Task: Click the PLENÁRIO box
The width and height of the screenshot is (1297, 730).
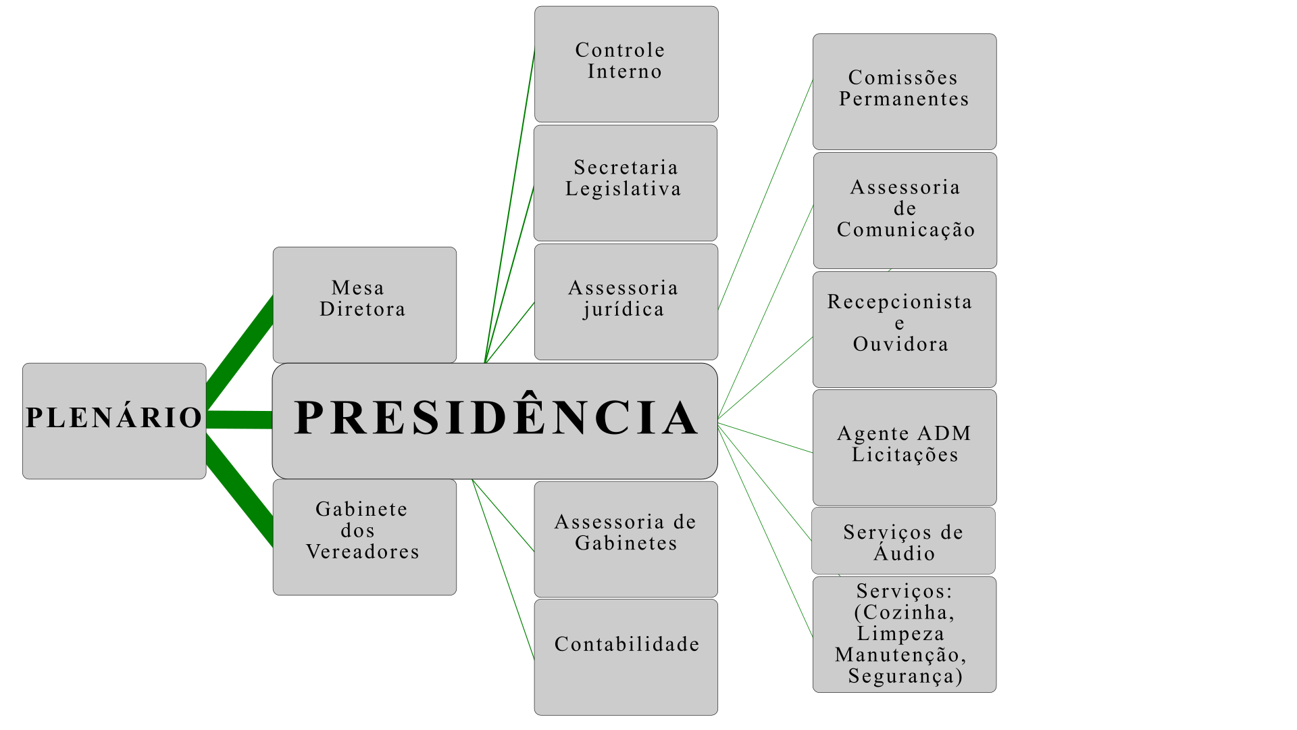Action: (114, 420)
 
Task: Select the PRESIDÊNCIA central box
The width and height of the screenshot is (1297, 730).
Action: (494, 420)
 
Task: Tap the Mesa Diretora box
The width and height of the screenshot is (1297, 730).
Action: (364, 304)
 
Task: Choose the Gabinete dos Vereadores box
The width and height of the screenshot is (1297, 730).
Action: (364, 537)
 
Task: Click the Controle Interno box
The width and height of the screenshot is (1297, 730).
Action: (626, 64)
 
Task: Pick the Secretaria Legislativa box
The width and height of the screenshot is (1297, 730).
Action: (625, 182)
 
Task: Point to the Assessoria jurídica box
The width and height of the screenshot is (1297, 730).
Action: (626, 301)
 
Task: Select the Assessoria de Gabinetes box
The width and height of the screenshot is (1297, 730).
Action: (626, 539)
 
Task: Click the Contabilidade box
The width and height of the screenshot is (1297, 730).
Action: (626, 657)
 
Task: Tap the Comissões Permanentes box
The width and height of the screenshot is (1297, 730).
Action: (905, 91)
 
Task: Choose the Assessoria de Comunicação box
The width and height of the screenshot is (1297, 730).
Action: (905, 210)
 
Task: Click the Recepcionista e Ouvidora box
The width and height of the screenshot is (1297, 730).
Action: (905, 329)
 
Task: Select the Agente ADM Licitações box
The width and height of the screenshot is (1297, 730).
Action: (905, 447)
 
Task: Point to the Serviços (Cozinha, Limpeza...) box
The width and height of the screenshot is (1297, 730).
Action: (905, 634)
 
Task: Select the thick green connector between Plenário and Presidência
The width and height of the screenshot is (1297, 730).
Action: (239, 420)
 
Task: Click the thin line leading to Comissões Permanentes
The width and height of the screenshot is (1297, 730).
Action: (766, 193)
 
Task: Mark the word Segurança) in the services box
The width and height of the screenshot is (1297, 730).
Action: (905, 677)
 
